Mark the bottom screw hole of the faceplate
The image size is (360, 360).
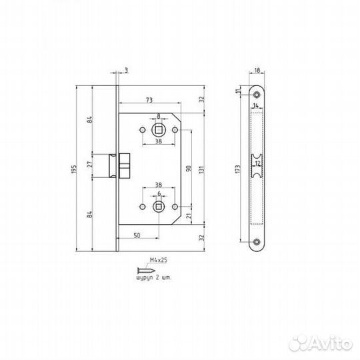pyautogui.click(x=257, y=242)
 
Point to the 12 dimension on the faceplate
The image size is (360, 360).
pyautogui.click(x=257, y=162)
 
